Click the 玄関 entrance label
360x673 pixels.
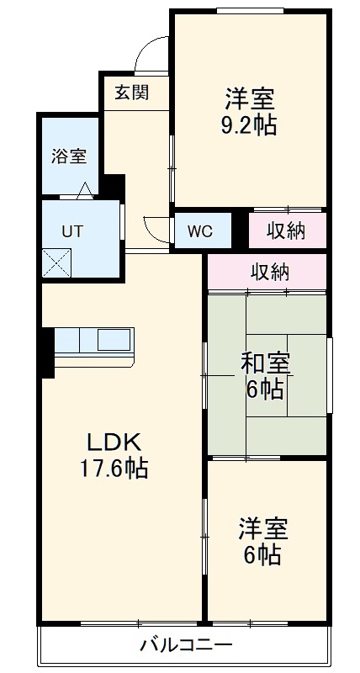pyautogui.click(x=131, y=93)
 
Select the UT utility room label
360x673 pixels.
pyautogui.click(x=71, y=231)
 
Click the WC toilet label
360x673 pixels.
pyautogui.click(x=200, y=231)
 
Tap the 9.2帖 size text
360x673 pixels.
pyautogui.click(x=250, y=125)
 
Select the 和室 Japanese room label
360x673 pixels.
pyautogui.click(x=266, y=363)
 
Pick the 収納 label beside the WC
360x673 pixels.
pyautogui.click(x=286, y=230)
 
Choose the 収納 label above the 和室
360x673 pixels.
pyautogui.click(x=267, y=272)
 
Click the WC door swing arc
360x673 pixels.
pyautogui.click(x=156, y=227)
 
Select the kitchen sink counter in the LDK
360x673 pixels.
pyautogui.click(x=93, y=342)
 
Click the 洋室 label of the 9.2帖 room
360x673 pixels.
pyautogui.click(x=250, y=99)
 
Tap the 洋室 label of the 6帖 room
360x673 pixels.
pyautogui.click(x=263, y=529)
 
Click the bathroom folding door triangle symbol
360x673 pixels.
pyautogui.click(x=86, y=190)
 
